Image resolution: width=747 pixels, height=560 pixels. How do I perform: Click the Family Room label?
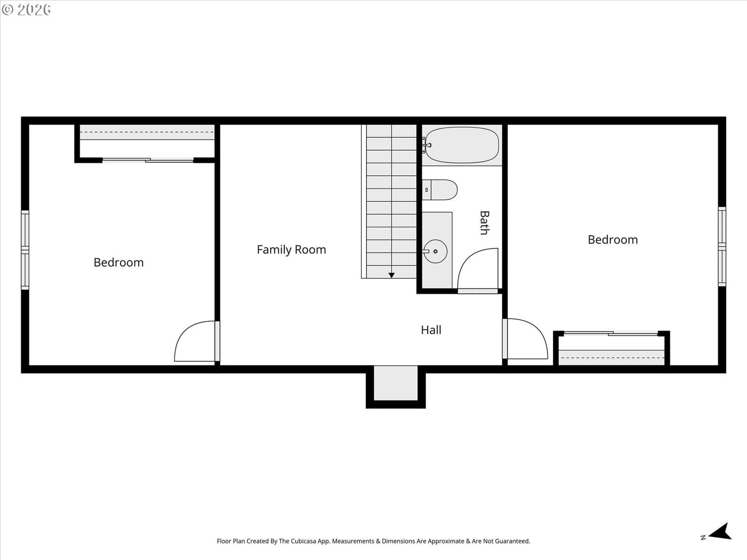click(291, 250)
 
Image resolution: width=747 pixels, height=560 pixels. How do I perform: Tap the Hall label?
click(431, 330)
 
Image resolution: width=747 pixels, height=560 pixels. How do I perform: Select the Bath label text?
click(485, 223)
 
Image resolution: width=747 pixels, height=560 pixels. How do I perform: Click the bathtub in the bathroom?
click(462, 145)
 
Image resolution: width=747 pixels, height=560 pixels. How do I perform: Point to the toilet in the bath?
click(440, 190)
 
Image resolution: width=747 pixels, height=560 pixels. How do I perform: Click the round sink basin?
click(436, 251)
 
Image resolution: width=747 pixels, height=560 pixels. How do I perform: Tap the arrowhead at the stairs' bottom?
click(392, 275)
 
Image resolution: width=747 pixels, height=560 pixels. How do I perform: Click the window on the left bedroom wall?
click(25, 250)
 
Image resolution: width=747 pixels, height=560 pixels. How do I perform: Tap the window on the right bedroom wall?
click(722, 246)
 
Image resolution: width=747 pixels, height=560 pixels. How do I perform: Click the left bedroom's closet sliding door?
click(148, 160)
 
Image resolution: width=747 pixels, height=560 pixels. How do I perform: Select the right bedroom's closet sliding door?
click(611, 334)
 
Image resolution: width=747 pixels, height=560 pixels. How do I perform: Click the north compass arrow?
click(720, 532)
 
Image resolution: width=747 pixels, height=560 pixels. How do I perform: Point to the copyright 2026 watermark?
click(26, 9)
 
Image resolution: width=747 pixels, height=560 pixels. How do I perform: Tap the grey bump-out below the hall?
click(396, 383)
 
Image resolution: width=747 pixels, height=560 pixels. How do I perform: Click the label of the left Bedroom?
click(119, 262)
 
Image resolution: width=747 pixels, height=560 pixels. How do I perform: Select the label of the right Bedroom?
click(613, 240)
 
